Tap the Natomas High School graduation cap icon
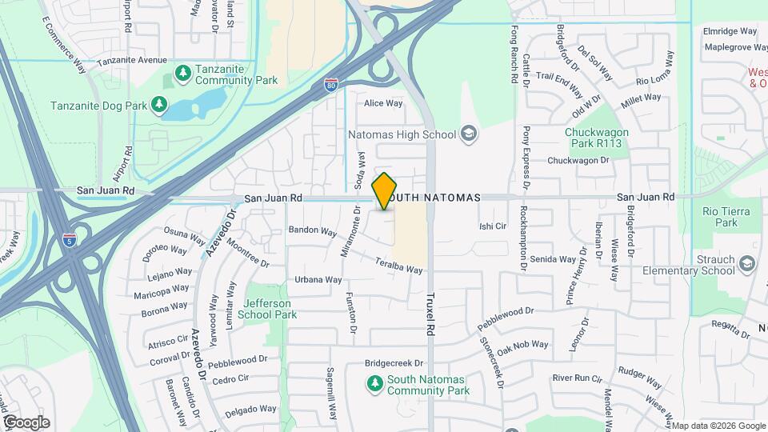click(x=469, y=134)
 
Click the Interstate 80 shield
click(x=331, y=84)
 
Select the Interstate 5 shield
click(x=70, y=240)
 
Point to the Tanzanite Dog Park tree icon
click(x=160, y=105)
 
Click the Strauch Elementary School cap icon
click(x=746, y=264)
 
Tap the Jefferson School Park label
click(x=269, y=309)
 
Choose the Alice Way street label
click(x=383, y=103)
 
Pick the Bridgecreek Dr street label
click(x=393, y=362)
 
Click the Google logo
click(x=26, y=422)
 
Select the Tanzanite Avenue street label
click(x=131, y=60)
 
